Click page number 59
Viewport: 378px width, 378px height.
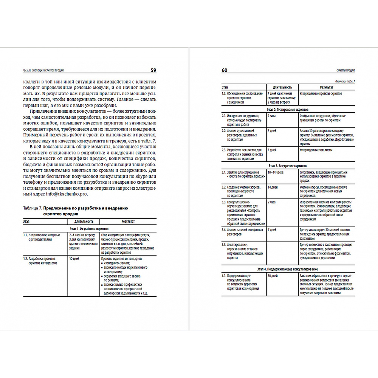pyautogui.click(x=154, y=70)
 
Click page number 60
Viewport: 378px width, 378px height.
pyautogui.click(x=224, y=70)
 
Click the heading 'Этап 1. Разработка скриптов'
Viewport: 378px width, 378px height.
pyautogui.click(x=89, y=229)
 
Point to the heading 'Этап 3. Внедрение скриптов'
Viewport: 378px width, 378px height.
pyautogui.click(x=288, y=166)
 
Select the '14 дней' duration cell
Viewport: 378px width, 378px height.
pyautogui.click(x=272, y=187)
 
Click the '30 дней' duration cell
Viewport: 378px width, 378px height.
pyautogui.click(x=272, y=276)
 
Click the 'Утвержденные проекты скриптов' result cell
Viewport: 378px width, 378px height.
pyautogui.click(x=321, y=93)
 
